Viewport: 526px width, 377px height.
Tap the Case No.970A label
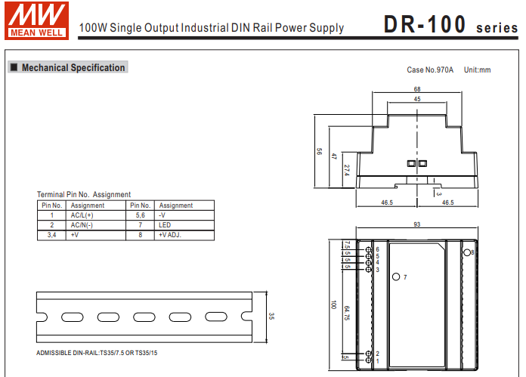(429, 70)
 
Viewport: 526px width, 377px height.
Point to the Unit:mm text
(477, 70)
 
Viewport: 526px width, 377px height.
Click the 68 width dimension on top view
(416, 89)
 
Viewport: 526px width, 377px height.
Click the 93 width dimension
(416, 225)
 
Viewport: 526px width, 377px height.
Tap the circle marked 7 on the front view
(397, 277)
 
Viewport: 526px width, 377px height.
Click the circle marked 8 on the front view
(466, 252)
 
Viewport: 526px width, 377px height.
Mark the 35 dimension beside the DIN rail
(271, 316)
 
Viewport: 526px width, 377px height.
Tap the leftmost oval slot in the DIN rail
(73, 317)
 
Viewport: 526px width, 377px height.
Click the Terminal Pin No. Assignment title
(83, 195)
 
